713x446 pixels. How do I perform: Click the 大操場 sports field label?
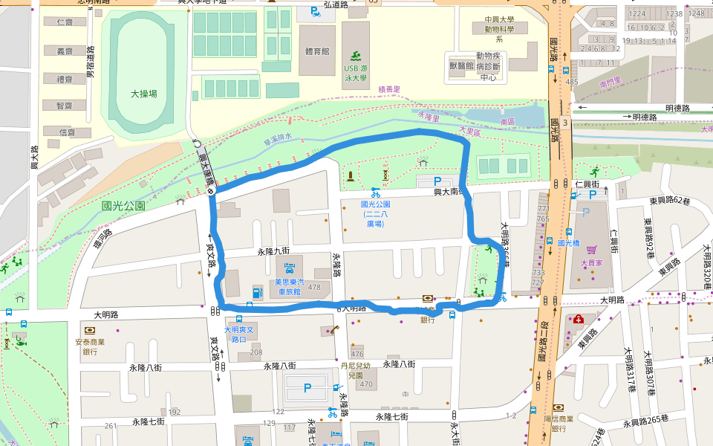[x=143, y=94]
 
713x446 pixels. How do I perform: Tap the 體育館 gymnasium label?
[x=317, y=51]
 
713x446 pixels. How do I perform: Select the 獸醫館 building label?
[x=461, y=65]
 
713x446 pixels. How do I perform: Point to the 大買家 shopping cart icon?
[x=592, y=251]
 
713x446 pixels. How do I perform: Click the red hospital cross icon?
[x=576, y=319]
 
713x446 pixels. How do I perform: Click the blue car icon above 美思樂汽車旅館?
[x=290, y=267]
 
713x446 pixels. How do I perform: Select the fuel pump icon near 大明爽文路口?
[x=257, y=291]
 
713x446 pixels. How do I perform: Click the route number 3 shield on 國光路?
[x=565, y=121]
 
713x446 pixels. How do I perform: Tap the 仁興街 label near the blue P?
[x=587, y=183]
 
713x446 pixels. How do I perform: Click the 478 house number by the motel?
[x=314, y=287]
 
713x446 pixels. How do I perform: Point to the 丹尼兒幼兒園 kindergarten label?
[x=356, y=371]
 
